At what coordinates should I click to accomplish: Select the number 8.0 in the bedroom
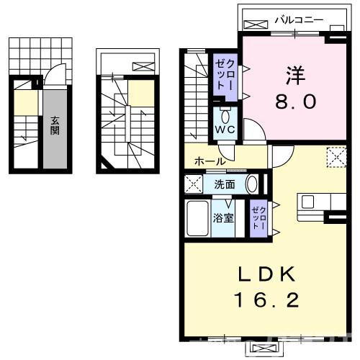294,102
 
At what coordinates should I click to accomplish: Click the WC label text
225,130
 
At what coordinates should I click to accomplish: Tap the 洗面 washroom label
224,184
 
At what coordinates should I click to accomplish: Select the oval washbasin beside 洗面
252,184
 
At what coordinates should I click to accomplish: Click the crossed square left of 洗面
193,184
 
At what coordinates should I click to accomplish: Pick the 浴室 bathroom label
222,218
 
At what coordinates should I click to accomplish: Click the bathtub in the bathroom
197,218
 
